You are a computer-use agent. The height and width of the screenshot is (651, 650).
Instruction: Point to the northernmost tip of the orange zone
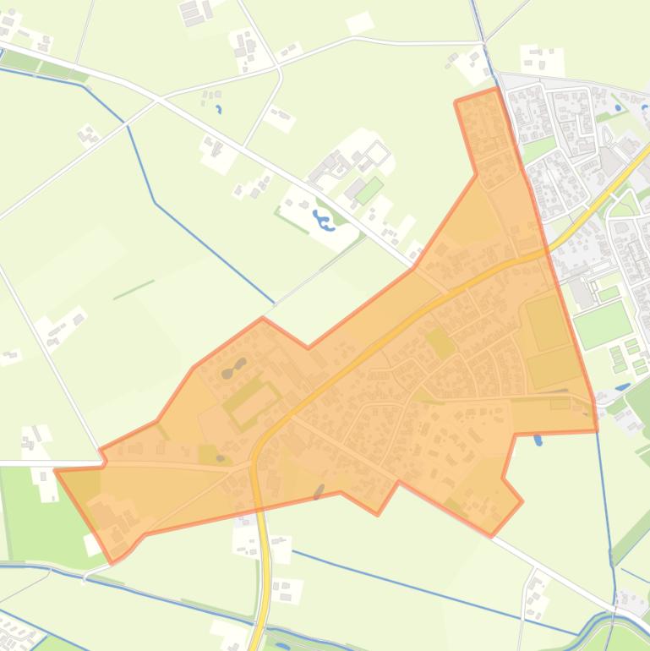click(494, 89)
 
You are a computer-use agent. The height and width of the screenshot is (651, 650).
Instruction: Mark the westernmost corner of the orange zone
click(56, 470)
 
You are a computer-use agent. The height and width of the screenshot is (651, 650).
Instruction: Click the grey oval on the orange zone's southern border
click(319, 491)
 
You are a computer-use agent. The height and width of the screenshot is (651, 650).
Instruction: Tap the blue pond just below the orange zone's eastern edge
click(538, 440)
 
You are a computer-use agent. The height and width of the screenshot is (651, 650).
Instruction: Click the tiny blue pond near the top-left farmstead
click(219, 109)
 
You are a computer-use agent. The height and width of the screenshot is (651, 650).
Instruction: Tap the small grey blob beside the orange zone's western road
click(221, 457)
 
